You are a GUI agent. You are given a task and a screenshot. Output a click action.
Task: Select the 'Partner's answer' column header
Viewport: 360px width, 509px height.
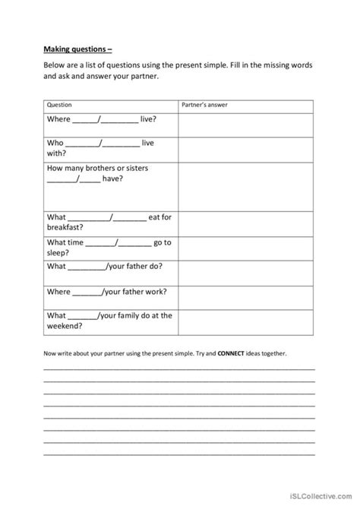click(203, 104)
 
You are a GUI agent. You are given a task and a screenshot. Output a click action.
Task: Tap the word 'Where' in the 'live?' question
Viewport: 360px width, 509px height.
click(58, 119)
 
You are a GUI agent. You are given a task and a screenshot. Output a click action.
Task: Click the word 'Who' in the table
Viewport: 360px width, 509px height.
click(54, 143)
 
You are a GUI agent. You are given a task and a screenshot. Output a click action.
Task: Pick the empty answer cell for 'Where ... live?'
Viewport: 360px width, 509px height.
click(245, 124)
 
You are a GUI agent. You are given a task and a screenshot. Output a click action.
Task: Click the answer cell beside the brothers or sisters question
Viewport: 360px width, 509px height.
click(245, 185)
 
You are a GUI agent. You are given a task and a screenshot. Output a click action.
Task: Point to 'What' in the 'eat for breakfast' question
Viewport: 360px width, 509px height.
click(56, 217)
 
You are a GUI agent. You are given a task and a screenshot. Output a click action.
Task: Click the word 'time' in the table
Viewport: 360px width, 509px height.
click(75, 242)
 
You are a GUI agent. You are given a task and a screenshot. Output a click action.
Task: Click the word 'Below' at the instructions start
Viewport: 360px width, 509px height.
click(55, 66)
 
